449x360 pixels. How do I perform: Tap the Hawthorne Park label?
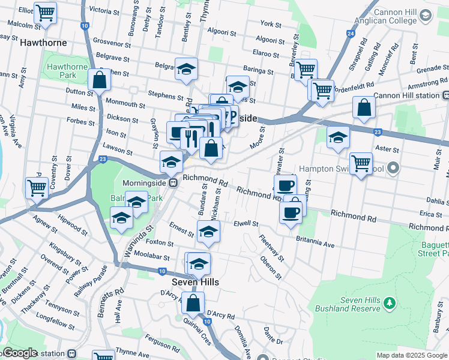point(67,71)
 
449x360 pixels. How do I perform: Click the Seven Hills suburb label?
point(195,281)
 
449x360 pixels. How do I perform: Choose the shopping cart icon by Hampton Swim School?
point(361,163)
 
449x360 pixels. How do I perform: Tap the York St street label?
point(271,24)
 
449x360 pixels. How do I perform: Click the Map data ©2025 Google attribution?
point(412,355)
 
